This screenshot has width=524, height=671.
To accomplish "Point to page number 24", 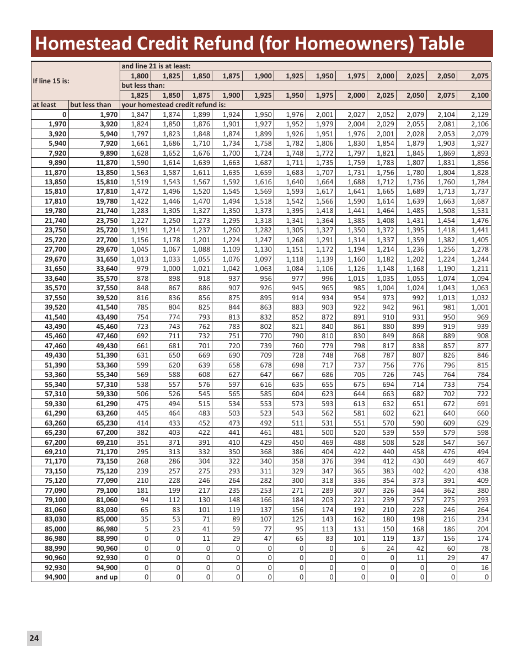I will pos(34,638).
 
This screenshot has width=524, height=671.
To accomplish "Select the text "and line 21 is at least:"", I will pos(156,66).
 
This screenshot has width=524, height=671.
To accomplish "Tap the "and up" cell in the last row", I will pos(106,577).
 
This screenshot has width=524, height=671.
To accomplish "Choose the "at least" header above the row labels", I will pos(44,105).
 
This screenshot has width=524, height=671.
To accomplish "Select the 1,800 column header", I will pos(140,76).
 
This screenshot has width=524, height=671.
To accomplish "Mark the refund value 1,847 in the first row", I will pos(140,114).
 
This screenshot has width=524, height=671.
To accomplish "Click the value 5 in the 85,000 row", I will pos(146,529).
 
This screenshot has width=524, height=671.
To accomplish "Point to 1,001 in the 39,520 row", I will pos(480,307).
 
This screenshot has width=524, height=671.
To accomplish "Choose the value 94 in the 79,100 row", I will pos(145,500).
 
